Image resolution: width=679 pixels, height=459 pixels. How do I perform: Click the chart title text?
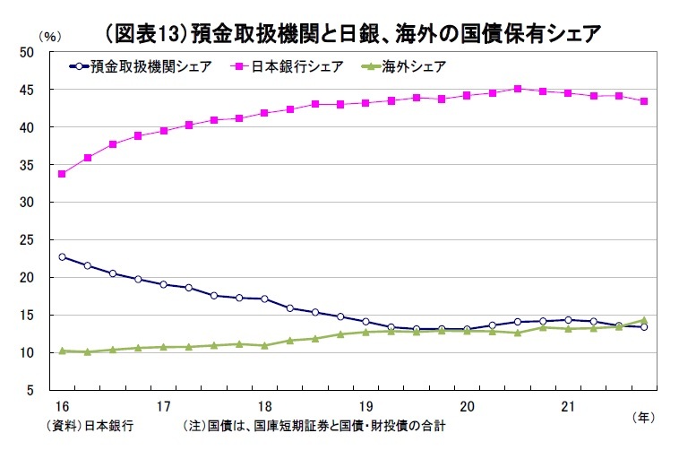coord(351,33)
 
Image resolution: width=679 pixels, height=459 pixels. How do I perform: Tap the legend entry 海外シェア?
coord(403,66)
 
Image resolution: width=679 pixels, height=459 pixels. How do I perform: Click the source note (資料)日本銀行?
coord(89,428)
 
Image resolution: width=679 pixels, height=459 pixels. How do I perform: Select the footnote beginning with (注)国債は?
coord(314,428)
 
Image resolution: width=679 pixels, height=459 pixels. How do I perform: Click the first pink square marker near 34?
coord(62,174)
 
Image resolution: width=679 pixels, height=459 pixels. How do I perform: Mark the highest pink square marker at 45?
coord(518,89)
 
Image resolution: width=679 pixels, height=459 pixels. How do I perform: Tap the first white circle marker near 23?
coord(62,257)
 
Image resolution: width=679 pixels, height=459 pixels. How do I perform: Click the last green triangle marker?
coord(644,320)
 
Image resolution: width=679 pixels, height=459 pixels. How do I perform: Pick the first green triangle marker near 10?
coord(62,351)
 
